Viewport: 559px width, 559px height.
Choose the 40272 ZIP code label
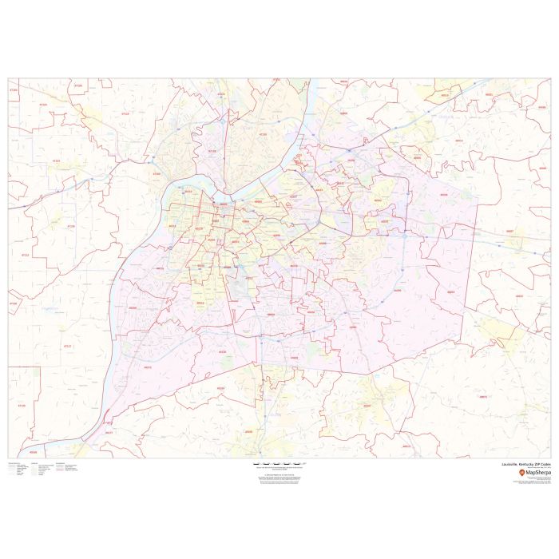pos(147,367)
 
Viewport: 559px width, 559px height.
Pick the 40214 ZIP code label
pos(200,303)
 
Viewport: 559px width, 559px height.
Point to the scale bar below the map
pos(279,464)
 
